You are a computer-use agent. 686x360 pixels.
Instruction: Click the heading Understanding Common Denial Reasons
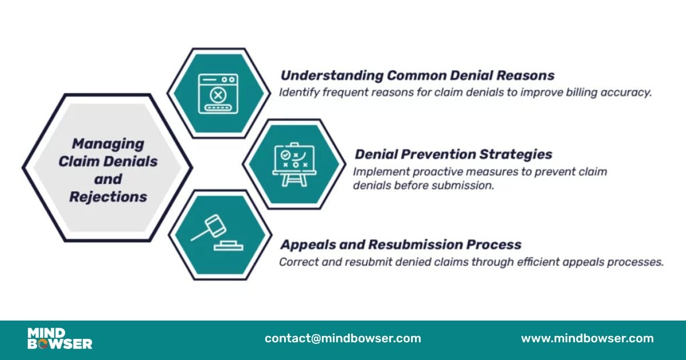pos(417,75)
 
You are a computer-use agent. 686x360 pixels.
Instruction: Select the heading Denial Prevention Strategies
pos(453,154)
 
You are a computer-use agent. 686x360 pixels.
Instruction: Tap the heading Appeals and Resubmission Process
pos(400,245)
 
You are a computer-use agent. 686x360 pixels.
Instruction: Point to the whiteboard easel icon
pos(294,164)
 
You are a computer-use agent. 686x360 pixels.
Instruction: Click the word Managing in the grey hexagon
pos(108,143)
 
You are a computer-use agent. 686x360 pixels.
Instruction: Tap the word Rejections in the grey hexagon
pos(108,197)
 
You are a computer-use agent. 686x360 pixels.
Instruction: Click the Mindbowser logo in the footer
pos(59,338)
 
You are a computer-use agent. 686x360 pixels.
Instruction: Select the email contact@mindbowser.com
pos(342,338)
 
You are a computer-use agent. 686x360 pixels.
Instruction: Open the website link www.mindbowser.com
pos(587,338)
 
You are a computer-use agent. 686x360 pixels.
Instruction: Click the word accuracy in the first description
pos(628,93)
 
